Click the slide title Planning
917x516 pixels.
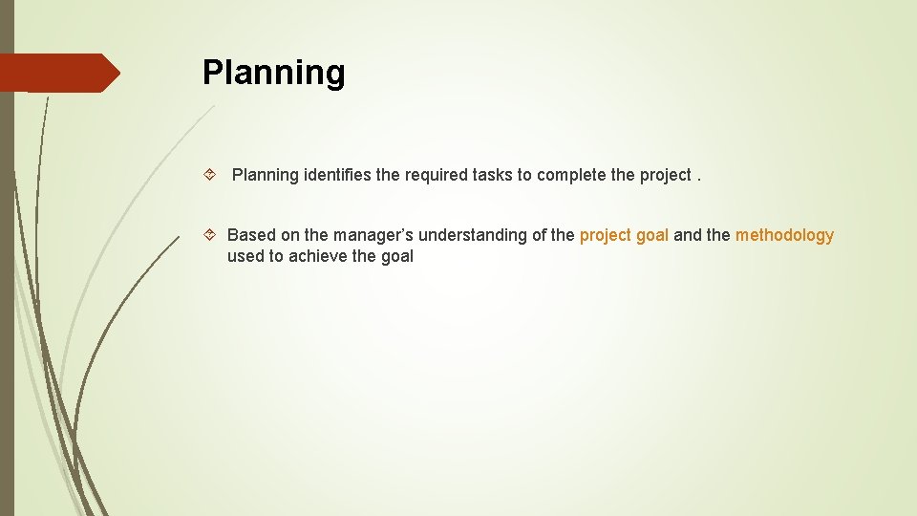pos(273,73)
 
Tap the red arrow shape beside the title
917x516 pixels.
pos(60,73)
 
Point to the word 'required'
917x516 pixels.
pos(437,175)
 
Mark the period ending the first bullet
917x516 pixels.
pos(700,175)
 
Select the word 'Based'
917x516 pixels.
pos(251,235)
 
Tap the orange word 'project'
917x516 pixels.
pos(607,235)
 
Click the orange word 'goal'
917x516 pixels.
pos(653,235)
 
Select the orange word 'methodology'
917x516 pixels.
pos(784,235)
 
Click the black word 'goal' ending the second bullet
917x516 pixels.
pos(396,256)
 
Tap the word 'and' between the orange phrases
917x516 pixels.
pos(688,235)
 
